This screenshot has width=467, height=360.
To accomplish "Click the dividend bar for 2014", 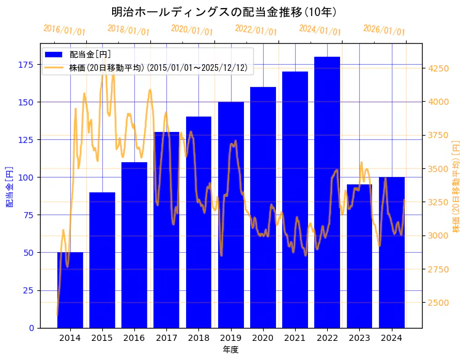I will (70, 290).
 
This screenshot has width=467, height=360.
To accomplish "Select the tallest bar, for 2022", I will (327, 192).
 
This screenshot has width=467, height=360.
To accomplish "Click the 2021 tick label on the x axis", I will (295, 337).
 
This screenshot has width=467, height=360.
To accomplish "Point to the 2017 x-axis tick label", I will (166, 337).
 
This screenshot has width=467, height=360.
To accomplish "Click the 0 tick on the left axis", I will (31, 328).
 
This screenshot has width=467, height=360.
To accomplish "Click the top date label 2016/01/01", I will (65, 30).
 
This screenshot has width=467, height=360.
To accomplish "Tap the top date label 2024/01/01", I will (320, 30).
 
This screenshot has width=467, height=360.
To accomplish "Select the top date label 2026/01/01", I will (384, 30).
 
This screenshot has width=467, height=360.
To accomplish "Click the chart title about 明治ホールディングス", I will (224, 12).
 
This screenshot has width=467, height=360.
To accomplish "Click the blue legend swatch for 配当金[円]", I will (54, 54).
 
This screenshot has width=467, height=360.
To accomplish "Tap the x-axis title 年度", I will (230, 350).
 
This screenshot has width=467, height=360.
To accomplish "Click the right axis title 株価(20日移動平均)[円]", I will (457, 186).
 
